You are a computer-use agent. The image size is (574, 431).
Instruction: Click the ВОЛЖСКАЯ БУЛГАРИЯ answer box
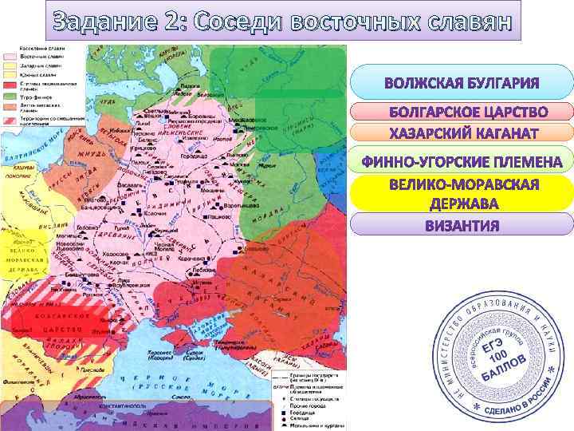462,84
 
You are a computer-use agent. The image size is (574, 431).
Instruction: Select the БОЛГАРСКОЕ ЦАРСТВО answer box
462,111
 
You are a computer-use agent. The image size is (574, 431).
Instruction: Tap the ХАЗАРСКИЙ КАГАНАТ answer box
462,132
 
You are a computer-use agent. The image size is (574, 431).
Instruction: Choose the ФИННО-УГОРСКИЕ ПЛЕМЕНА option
462,162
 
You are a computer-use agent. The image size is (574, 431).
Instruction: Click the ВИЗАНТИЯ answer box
462,225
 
